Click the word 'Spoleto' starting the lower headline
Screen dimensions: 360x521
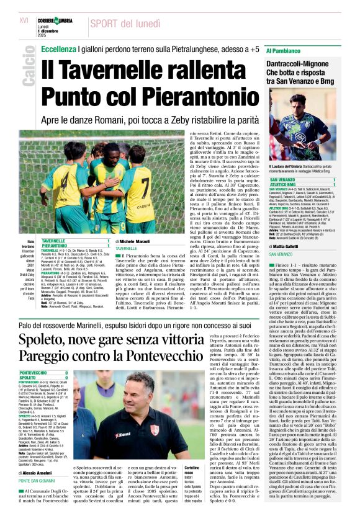45,338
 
